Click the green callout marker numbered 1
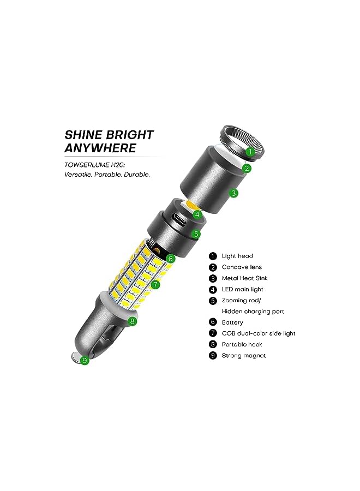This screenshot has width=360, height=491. [x=249, y=152]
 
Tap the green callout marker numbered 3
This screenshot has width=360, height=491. [x=233, y=193]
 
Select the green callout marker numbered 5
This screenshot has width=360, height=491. [x=196, y=235]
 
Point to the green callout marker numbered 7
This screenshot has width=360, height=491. [x=155, y=285]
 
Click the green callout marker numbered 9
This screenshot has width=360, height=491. [x=84, y=360]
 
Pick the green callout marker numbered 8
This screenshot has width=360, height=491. [x=131, y=321]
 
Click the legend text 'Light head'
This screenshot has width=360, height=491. [x=237, y=256]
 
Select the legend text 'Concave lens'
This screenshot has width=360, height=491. [x=242, y=267]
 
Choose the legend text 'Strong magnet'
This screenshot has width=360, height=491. [x=244, y=356]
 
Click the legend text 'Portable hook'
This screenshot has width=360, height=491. [x=242, y=344]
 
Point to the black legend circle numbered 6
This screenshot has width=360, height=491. [x=213, y=322]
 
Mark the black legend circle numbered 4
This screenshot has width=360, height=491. [x=213, y=289]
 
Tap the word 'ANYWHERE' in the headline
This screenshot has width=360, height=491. [x=100, y=148]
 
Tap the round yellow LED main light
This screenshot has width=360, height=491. [x=191, y=204]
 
